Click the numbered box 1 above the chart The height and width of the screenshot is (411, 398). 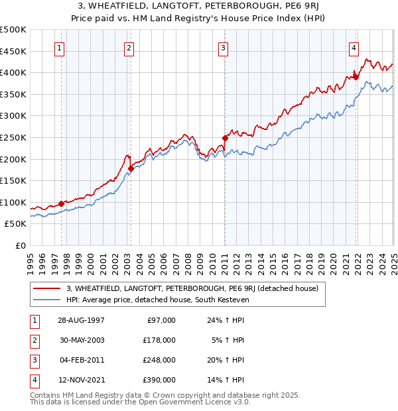pyautogui.click(x=60, y=48)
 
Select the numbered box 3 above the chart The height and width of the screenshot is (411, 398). pyautogui.click(x=224, y=48)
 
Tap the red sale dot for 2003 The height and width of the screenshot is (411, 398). pyautogui.click(x=131, y=168)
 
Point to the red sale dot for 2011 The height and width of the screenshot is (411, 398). pyautogui.click(x=225, y=138)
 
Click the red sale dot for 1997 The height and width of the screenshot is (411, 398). pyautogui.click(x=61, y=204)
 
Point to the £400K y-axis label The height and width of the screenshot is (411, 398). pyautogui.click(x=13, y=72)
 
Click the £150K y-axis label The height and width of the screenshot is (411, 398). pyautogui.click(x=13, y=180)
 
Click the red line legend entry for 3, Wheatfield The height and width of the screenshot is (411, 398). pyautogui.click(x=192, y=288)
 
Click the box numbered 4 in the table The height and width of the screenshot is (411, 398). pyautogui.click(x=33, y=380)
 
